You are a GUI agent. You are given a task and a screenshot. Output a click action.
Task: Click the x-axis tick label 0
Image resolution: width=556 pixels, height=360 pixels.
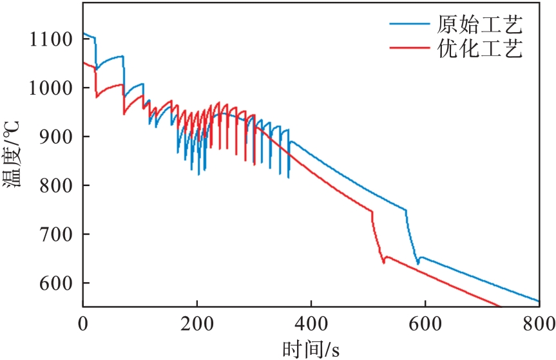[83, 323]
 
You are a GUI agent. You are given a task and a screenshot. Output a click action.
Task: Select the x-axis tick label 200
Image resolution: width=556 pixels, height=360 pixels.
[197, 323]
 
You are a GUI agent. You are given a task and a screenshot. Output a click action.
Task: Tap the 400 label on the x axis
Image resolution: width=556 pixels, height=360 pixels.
[311, 323]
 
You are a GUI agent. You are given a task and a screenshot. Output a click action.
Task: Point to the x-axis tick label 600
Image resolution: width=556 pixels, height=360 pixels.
[425, 323]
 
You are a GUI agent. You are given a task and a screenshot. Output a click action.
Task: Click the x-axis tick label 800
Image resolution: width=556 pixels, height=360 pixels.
[539, 323]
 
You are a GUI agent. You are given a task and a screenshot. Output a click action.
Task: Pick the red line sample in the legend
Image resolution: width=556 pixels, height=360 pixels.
[409, 48]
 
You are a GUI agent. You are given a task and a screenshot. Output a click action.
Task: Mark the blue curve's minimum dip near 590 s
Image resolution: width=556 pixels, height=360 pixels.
[418, 263]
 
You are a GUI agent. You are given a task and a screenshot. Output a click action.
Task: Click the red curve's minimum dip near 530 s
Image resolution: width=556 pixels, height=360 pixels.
[383, 262]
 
